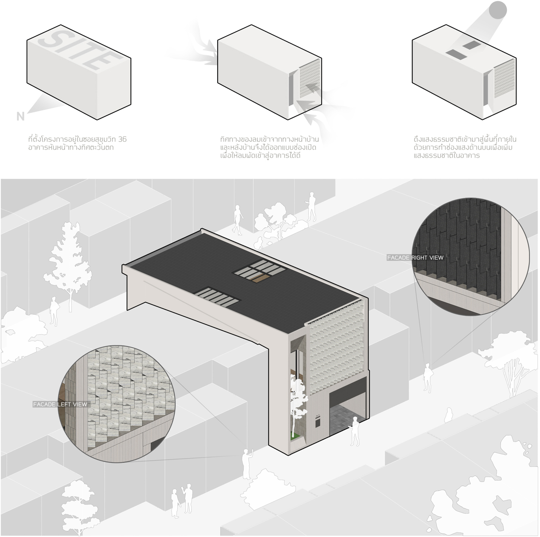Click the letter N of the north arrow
(20, 116)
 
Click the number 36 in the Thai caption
(123, 139)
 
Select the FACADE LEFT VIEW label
(60, 404)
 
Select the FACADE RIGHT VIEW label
(415, 257)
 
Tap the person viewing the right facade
(428, 378)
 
